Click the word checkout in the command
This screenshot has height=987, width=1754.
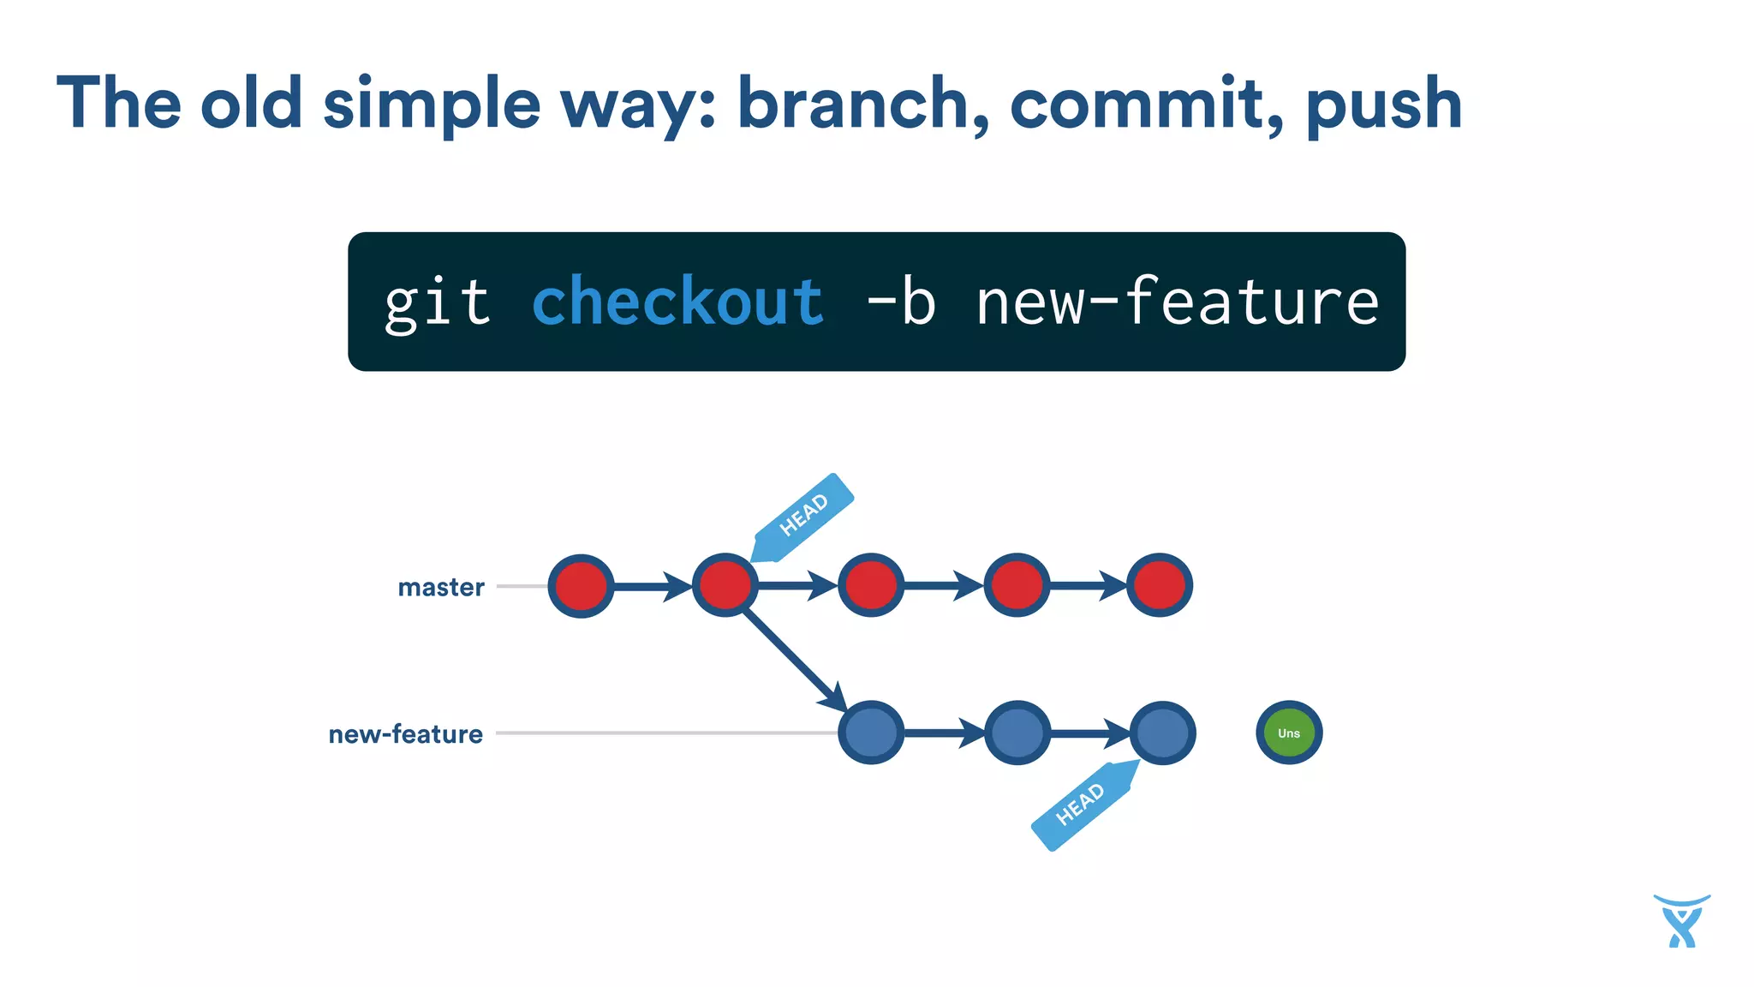coord(677,302)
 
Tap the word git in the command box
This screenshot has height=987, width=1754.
coord(437,302)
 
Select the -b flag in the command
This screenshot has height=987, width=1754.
coord(901,302)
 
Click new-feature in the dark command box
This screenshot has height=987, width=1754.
coord(1178,302)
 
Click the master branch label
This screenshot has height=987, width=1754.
coord(441,587)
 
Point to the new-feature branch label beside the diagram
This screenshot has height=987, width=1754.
coord(405,734)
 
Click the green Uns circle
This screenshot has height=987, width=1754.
coord(1289,733)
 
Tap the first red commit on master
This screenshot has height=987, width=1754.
coord(581,586)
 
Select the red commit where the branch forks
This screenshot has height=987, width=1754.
coord(725,586)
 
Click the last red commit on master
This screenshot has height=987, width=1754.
coord(1160,586)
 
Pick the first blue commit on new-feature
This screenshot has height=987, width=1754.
coord(871,733)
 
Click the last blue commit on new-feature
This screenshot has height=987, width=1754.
coord(1162,733)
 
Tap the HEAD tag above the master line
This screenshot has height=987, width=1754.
coord(803,516)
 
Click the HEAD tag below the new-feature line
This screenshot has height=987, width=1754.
coord(1082,805)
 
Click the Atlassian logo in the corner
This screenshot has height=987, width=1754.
coord(1681,921)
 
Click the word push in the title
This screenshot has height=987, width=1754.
coord(1383,105)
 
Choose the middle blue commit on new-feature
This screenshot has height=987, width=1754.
coord(1017,733)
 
